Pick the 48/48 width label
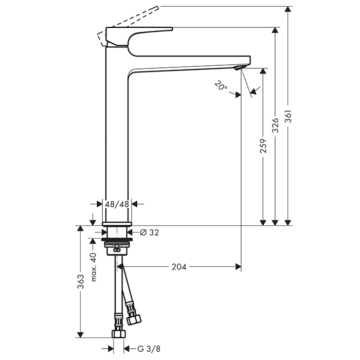(117, 204)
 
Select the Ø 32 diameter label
(149, 232)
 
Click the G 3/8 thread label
(147, 350)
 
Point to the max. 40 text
(94, 267)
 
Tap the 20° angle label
(220, 86)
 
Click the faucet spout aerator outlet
(238, 68)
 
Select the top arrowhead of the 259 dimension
(263, 72)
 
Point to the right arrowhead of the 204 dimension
(238, 266)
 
